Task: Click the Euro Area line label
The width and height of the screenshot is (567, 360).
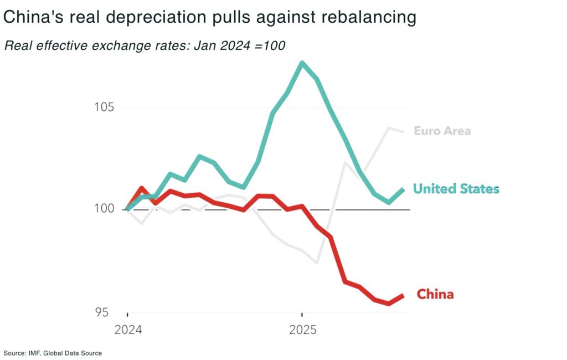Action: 442,131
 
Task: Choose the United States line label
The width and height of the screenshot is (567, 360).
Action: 456,189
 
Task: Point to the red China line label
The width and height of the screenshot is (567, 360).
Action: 435,294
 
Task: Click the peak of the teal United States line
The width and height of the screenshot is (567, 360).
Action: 302,63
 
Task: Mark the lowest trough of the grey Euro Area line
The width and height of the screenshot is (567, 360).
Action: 317,263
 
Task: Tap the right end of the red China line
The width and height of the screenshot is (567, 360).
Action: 403,296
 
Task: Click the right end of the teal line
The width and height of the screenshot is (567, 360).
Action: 403,189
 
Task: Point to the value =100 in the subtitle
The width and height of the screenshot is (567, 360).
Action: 268,46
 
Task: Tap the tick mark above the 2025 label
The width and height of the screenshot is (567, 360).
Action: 302,315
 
